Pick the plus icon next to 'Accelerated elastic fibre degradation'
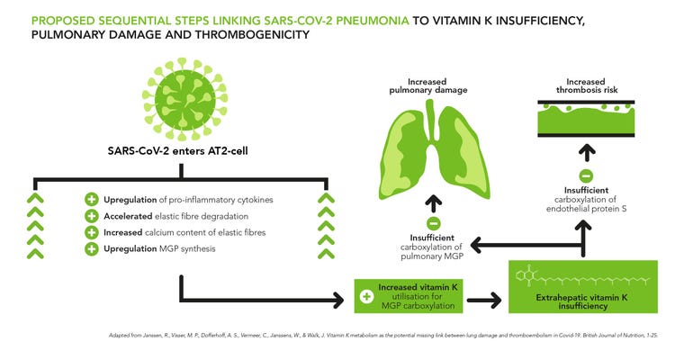point(92,216)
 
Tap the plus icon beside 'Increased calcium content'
point(92,232)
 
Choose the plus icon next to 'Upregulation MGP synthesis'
point(92,248)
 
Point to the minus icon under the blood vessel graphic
point(584,175)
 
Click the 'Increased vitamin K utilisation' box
point(409,297)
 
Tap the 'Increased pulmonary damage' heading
point(434,86)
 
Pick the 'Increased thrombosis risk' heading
point(584,86)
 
